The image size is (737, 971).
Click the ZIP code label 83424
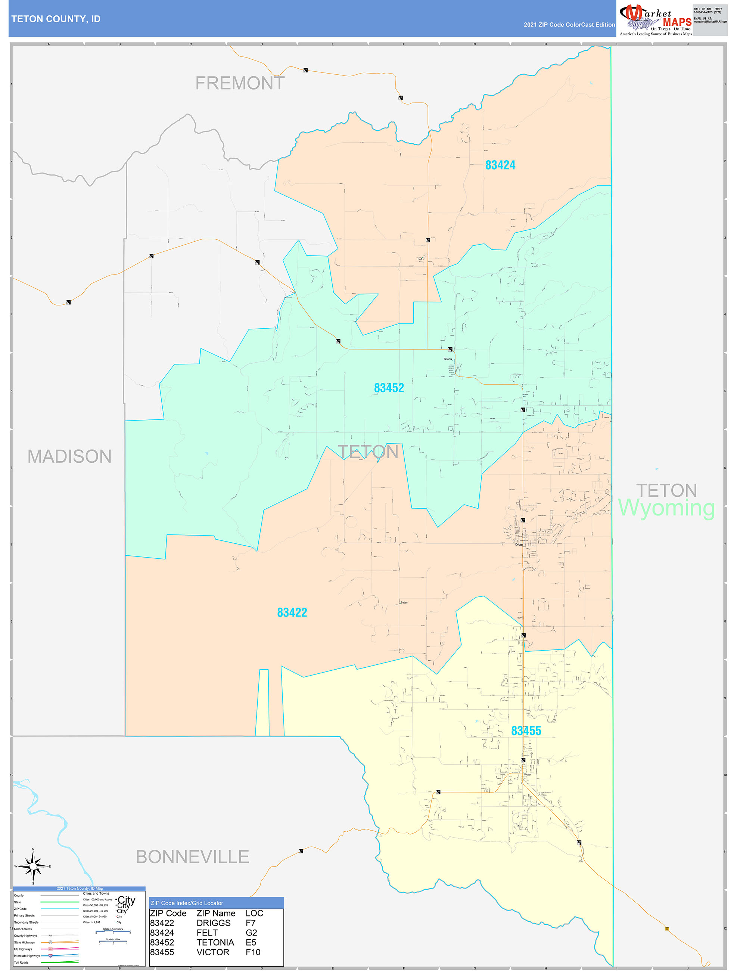pos(500,165)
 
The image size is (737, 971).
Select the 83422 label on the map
pos(292,612)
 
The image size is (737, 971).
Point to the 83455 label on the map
pos(526,731)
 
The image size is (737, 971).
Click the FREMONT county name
pos(240,83)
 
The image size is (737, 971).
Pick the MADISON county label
pos(69,456)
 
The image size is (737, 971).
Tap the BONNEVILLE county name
pos(192,857)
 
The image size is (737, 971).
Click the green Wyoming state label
pos(666,508)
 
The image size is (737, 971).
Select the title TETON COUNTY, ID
pos(56,19)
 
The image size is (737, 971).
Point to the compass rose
pos(33,866)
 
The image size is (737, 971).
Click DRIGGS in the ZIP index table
pos(213,923)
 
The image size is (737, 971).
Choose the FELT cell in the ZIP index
pos(207,933)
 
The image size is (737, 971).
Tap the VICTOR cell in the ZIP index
pos(213,952)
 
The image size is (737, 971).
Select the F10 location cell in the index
pos(253,952)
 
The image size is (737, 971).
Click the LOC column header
pos(254,913)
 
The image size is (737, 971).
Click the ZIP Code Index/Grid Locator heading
pos(187,903)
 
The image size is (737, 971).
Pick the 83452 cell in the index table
pos(162,943)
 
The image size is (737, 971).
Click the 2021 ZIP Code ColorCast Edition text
pos(569,25)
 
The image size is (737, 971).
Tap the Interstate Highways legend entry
pos(27,956)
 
